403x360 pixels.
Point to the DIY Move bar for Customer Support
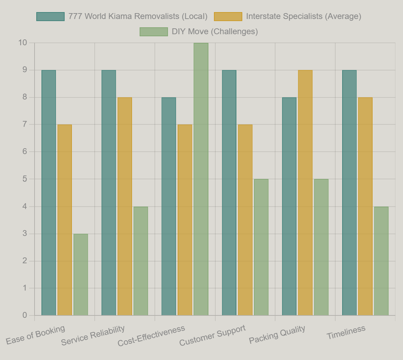click(x=261, y=247)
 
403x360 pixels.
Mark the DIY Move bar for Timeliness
click(x=381, y=261)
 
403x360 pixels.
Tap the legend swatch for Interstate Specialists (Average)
click(x=228, y=17)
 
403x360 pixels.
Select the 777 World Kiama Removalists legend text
click(x=138, y=17)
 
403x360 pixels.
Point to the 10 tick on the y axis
click(x=23, y=43)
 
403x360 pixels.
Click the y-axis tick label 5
click(x=25, y=179)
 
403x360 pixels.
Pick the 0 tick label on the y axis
click(x=25, y=315)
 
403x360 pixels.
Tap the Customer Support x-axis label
click(x=213, y=335)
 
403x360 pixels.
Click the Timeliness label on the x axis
click(x=346, y=333)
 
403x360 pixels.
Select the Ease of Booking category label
click(x=36, y=335)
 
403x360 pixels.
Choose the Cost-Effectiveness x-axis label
click(x=151, y=336)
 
